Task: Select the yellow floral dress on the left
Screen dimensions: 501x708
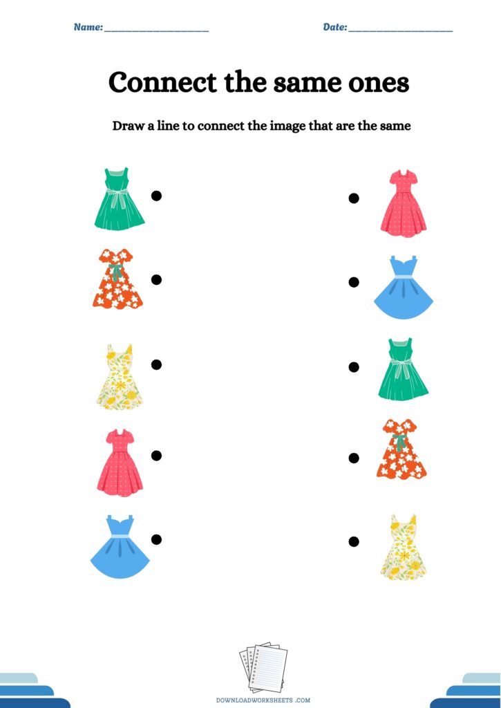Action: pos(120,377)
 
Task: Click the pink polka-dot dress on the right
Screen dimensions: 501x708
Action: pos(404,203)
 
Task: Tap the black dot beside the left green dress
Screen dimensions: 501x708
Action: pos(156,196)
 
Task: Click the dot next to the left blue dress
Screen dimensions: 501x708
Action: pos(156,539)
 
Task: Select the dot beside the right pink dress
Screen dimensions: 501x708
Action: pos(354,198)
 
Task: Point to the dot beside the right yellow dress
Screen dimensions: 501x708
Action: pos(354,541)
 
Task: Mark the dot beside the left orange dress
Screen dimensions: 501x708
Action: pos(156,280)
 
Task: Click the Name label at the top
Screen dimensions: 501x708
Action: pos(88,27)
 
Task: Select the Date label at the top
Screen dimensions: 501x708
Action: pos(335,27)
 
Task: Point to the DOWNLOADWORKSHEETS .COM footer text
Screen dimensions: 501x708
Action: pos(263,700)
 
